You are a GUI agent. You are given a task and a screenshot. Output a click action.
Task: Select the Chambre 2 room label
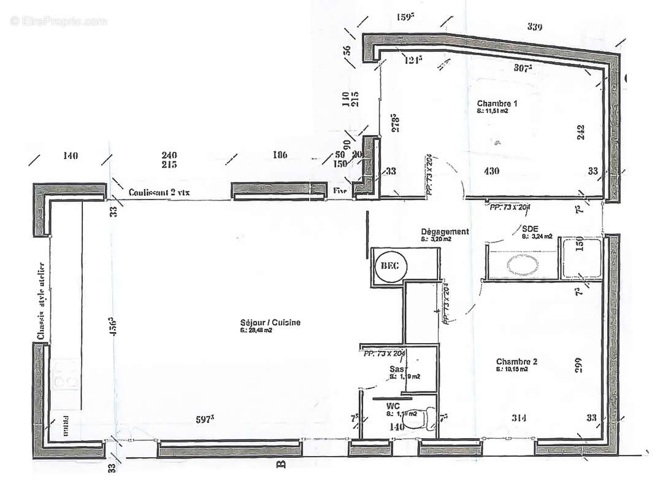click(x=516, y=361)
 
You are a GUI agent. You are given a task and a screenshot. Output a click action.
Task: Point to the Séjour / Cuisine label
click(x=271, y=323)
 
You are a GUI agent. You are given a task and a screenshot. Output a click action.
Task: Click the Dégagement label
click(x=445, y=231)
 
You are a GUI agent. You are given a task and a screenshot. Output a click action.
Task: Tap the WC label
click(x=393, y=406)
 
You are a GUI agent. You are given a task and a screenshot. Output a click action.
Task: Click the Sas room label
click(x=396, y=369)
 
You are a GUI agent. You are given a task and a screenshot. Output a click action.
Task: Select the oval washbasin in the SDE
click(x=521, y=264)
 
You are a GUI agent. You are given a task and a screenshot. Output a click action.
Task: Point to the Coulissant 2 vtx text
click(x=159, y=192)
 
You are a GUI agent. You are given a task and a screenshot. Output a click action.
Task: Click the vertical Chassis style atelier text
click(x=41, y=301)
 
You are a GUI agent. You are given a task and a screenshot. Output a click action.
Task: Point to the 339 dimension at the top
click(x=535, y=26)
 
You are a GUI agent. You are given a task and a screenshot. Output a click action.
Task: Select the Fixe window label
click(x=340, y=191)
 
